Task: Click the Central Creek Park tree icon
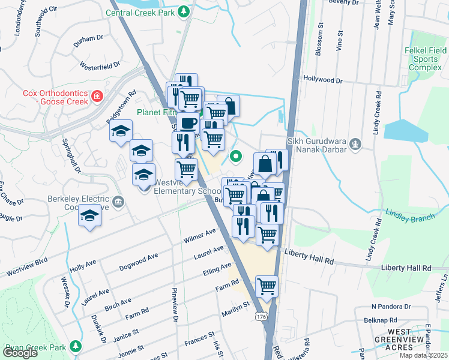pyautogui.click(x=184, y=11)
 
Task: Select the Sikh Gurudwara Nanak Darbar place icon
pyautogui.click(x=356, y=143)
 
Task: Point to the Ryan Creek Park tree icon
pyautogui.click(x=76, y=347)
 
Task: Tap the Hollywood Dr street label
pyautogui.click(x=322, y=79)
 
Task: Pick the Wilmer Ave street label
pyautogui.click(x=200, y=236)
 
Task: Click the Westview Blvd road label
pyautogui.click(x=26, y=268)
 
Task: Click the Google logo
pyautogui.click(x=20, y=353)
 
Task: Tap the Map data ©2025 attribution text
pyautogui.click(x=423, y=355)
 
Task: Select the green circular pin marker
pyautogui.click(x=237, y=157)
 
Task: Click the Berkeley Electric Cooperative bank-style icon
pyautogui.click(x=118, y=201)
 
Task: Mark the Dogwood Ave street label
pyautogui.click(x=138, y=262)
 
